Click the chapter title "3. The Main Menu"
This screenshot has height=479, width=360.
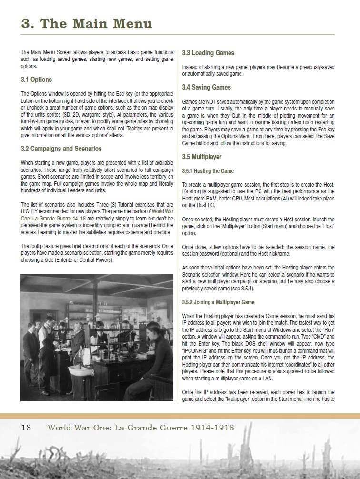tap(87, 23)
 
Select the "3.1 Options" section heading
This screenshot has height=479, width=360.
tap(36, 80)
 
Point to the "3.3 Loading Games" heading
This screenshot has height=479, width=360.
tap(208, 53)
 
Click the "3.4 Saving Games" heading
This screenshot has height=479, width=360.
tap(206, 87)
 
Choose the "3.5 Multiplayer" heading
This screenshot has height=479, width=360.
tap(202, 157)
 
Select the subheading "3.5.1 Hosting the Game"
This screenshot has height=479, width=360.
tap(208, 170)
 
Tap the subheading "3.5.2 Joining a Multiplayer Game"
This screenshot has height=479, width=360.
tap(218, 302)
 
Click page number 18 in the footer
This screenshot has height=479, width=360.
tap(26, 428)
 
